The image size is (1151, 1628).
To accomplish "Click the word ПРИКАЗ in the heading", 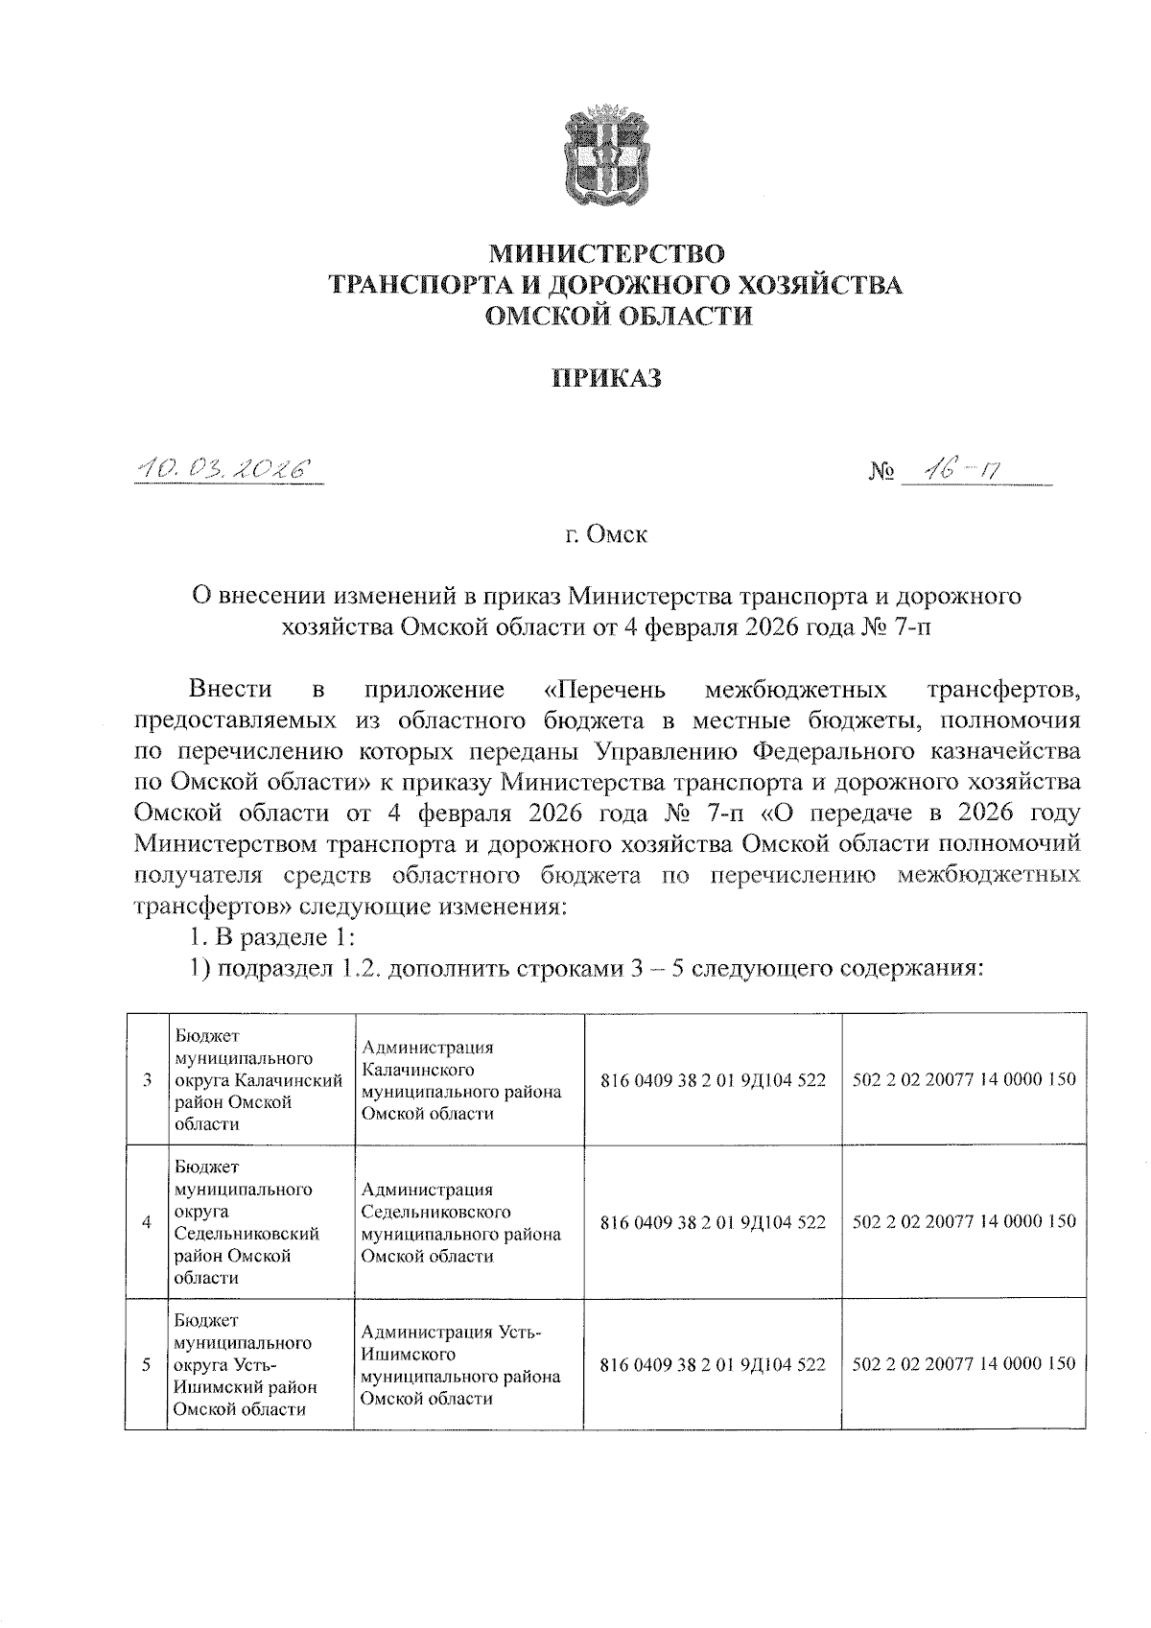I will pyautogui.click(x=605, y=378).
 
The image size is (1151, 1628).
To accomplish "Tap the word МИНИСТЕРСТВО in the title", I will pyautogui.click(x=608, y=253).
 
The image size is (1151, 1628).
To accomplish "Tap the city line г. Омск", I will pyautogui.click(x=605, y=534).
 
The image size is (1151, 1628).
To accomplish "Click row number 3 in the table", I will pyautogui.click(x=147, y=1080).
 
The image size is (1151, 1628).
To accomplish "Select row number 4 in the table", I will pyautogui.click(x=147, y=1222).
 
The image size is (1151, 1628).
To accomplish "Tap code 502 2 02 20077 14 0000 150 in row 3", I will pyautogui.click(x=963, y=1079).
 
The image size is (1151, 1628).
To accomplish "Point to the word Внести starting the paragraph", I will pyautogui.click(x=230, y=690).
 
